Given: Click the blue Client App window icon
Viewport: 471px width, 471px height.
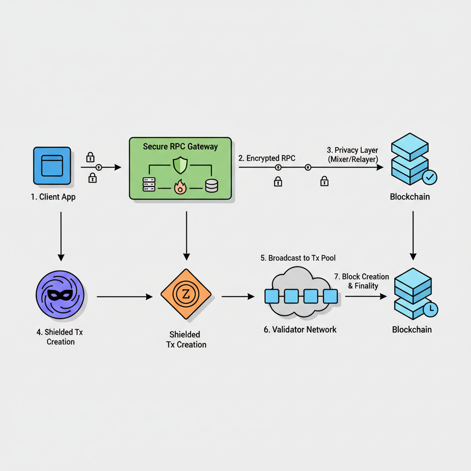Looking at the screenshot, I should pyautogui.click(x=52, y=166).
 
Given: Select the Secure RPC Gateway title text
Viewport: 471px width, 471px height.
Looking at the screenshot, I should pyautogui.click(x=180, y=147).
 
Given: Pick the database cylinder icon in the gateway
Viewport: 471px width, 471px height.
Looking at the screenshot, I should pyautogui.click(x=211, y=186).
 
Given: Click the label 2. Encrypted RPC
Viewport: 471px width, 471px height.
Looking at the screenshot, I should pyautogui.click(x=267, y=158).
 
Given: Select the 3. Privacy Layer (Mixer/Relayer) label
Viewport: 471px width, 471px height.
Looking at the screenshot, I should pyautogui.click(x=352, y=155).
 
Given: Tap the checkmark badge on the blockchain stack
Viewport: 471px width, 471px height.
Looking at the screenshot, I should pyautogui.click(x=430, y=177).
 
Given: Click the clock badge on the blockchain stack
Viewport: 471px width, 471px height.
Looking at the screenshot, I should pyautogui.click(x=431, y=310).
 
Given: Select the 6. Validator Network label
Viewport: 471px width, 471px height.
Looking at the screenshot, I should pyautogui.click(x=300, y=329).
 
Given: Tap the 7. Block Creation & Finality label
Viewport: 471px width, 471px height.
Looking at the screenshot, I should pyautogui.click(x=362, y=281).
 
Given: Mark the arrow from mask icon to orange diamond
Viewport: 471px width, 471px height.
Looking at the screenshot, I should pyautogui.click(x=124, y=297).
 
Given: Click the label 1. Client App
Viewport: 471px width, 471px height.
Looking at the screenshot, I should pyautogui.click(x=53, y=197).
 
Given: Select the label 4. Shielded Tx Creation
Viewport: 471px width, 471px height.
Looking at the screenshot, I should pyautogui.click(x=61, y=337).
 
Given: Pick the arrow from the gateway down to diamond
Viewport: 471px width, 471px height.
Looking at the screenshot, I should pyautogui.click(x=186, y=235).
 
